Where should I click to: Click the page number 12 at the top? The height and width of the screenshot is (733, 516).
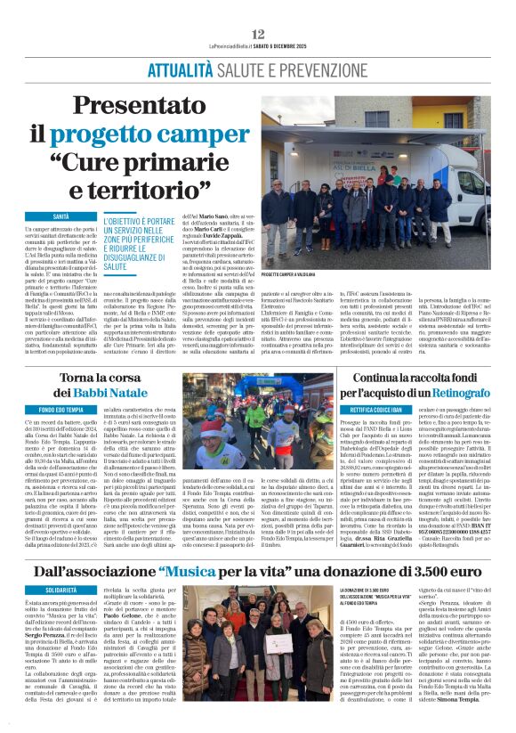coord(258,34)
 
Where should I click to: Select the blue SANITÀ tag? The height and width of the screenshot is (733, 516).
coord(60,216)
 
